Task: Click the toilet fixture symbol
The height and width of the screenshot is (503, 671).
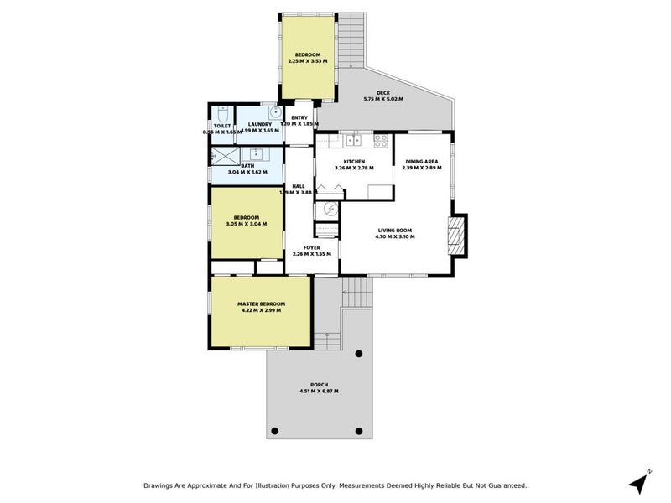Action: pyautogui.click(x=222, y=114)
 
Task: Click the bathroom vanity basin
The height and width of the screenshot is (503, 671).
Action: pyautogui.click(x=254, y=154)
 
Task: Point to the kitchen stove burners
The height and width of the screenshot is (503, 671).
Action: pyautogui.click(x=381, y=140)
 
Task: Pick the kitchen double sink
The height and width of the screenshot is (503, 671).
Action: pyautogui.click(x=351, y=140)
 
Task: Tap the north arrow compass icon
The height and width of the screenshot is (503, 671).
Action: pyautogui.click(x=639, y=482)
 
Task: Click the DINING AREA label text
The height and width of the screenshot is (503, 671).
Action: pyautogui.click(x=421, y=162)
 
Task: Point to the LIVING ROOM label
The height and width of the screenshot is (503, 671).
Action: pyautogui.click(x=395, y=230)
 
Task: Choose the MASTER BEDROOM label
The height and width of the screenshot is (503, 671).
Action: pyautogui.click(x=261, y=303)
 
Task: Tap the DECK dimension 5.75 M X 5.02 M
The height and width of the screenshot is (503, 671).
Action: pyautogui.click(x=383, y=99)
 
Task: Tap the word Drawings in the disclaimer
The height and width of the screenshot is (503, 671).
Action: pyautogui.click(x=163, y=485)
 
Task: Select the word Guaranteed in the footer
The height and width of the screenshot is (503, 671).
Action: pyautogui.click(x=502, y=485)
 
